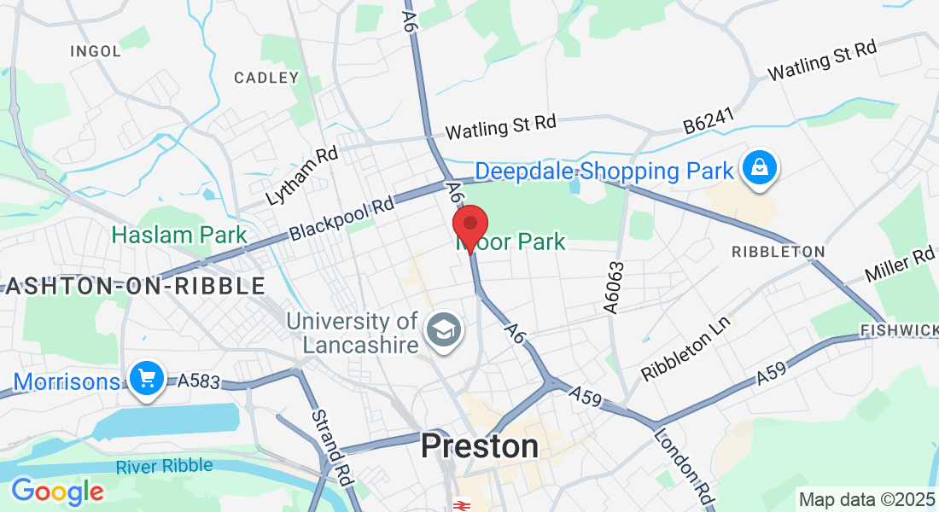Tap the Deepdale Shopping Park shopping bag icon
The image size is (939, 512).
pos(759,169)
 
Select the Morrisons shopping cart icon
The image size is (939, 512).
pos(146,378)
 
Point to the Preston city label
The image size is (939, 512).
pos(480,446)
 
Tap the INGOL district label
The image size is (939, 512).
pos(96,51)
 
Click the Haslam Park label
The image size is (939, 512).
pos(179,235)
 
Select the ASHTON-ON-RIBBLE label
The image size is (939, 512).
pos(134,287)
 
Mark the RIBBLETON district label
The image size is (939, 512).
pos(779,252)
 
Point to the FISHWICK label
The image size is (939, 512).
pos(899,329)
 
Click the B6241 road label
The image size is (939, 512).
pos(709,125)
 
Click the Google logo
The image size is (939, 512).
pos(57,492)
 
